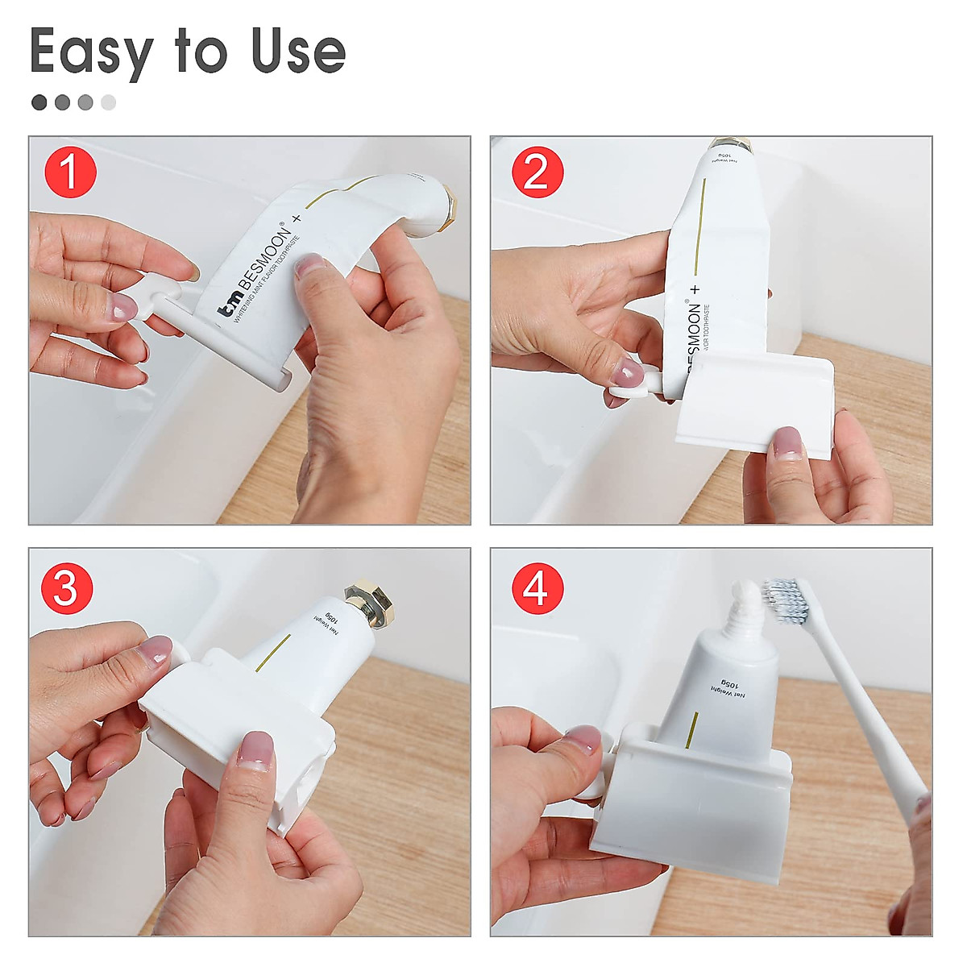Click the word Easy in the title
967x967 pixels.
[x=90, y=53]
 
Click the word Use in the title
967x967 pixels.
[x=298, y=52]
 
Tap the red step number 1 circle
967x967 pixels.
[x=70, y=172]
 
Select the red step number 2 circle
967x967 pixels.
[x=537, y=172]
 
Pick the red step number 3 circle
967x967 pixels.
[x=66, y=588]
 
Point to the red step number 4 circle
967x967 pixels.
[x=537, y=588]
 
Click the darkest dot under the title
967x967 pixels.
[x=39, y=102]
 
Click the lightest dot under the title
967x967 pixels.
[x=108, y=102]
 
